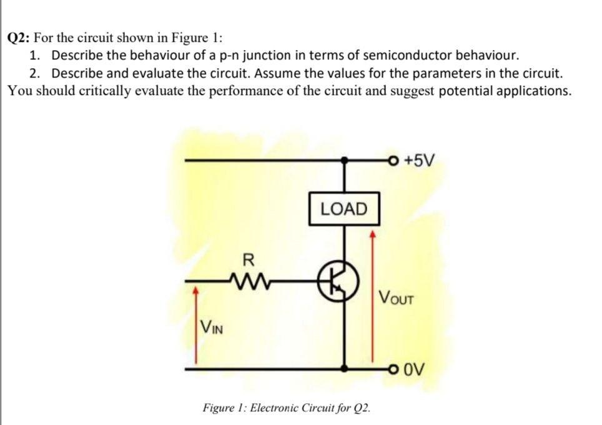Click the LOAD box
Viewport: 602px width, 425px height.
tap(344, 209)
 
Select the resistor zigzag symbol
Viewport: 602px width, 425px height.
tap(249, 280)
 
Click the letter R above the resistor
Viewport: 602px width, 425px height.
tap(248, 259)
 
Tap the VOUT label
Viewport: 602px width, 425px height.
tap(396, 296)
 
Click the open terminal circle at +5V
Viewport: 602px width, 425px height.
tap(392, 160)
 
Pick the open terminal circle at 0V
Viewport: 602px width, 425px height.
tap(392, 369)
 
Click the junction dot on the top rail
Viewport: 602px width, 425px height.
tap(343, 160)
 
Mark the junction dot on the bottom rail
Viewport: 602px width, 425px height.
tap(343, 369)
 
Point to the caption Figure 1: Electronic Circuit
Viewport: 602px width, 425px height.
tap(287, 408)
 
